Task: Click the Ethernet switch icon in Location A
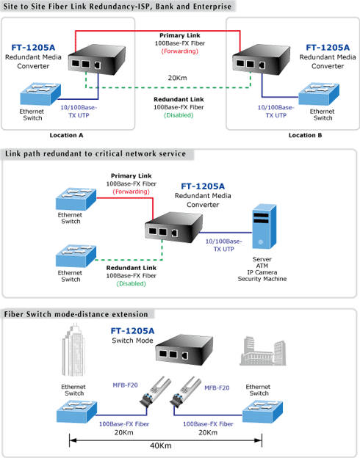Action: (x=40, y=94)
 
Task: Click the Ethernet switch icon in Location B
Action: (x=319, y=94)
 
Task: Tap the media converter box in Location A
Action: (x=97, y=59)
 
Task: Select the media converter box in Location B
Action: (x=261, y=59)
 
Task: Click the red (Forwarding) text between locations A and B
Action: (x=179, y=51)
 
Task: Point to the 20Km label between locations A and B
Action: (x=177, y=78)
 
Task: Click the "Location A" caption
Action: (x=66, y=135)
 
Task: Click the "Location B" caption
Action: (x=306, y=135)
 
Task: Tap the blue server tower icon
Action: (x=264, y=226)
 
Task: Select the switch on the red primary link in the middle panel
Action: (x=76, y=199)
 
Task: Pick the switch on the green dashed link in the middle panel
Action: (x=76, y=256)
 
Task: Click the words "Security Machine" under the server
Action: (x=262, y=279)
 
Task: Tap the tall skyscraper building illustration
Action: (x=73, y=349)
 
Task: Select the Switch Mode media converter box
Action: (x=184, y=350)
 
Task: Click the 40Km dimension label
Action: (x=161, y=446)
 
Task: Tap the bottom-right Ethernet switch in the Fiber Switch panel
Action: (x=262, y=412)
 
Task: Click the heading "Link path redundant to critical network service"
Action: (x=96, y=153)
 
